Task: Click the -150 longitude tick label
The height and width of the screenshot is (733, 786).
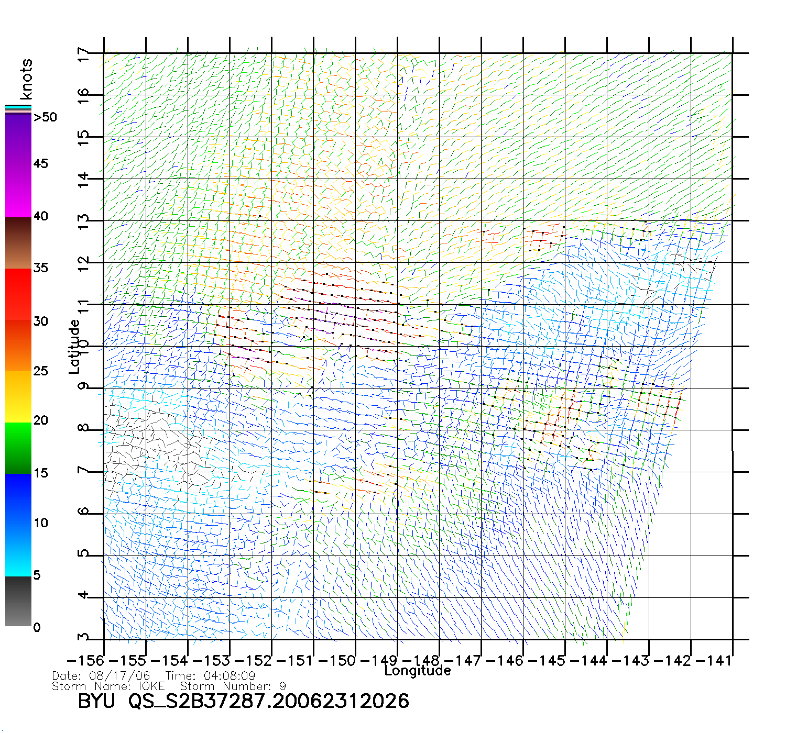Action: coord(338,661)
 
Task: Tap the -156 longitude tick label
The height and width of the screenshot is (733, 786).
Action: coord(86,661)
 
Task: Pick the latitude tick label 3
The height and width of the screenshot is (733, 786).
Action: coord(83,637)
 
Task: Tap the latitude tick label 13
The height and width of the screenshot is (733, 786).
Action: coord(83,222)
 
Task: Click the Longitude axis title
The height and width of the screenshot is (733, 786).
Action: coord(418,671)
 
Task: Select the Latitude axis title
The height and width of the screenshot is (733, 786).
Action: coord(74,347)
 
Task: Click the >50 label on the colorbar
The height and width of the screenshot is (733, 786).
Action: coord(45,117)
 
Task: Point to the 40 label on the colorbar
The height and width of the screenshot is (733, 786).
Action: coord(40,216)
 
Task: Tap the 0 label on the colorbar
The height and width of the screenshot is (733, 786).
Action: coord(37,628)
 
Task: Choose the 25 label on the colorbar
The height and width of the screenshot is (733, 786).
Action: coord(40,371)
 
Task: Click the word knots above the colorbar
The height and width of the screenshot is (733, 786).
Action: coord(26,79)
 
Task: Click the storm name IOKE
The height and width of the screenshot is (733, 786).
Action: coord(152,686)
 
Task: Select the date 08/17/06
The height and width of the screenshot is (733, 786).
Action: coord(120,676)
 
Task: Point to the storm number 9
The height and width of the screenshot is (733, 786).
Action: coord(282,686)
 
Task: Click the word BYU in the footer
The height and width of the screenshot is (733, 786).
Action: coord(96,701)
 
